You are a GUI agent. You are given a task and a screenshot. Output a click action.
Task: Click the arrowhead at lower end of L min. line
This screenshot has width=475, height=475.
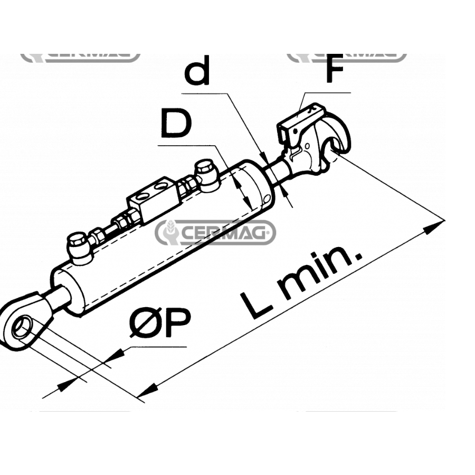click(145, 391)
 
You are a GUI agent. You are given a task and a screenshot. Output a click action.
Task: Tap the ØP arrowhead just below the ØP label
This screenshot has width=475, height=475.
click(119, 354)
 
